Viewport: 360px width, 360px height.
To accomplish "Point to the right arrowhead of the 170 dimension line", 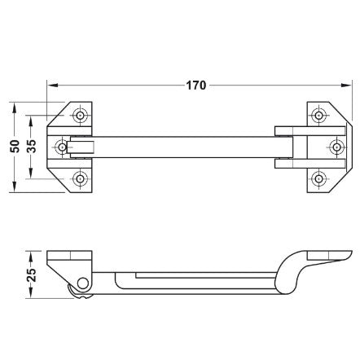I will click(349, 84).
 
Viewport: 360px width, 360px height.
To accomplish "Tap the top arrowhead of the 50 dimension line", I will click(17, 105).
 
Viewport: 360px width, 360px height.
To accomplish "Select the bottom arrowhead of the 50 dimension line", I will click(17, 190).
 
